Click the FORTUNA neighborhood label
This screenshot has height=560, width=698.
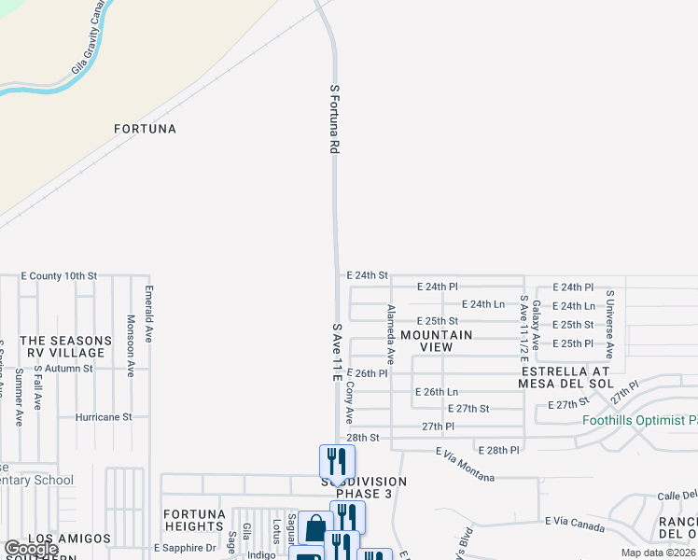145,129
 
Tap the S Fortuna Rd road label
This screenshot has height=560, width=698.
333,119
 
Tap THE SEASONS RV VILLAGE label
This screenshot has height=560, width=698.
63,346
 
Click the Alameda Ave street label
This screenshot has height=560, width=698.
391,333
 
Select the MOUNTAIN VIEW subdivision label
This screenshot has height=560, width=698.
436,341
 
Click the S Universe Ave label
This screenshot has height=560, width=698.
609,325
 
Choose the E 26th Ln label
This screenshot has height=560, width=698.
438,392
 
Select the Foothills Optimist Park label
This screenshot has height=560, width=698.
640,420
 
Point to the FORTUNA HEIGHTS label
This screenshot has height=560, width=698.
194,521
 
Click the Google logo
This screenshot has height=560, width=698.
30,549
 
